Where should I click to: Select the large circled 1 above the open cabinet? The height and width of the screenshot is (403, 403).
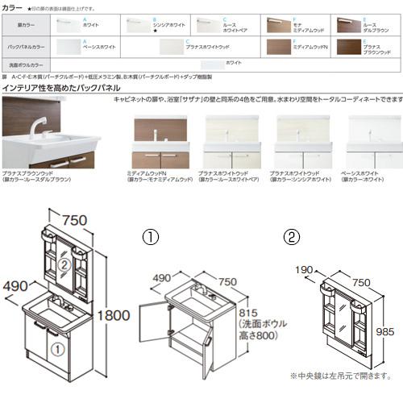point(151,237)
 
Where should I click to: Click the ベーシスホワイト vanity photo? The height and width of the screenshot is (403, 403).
point(373,142)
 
